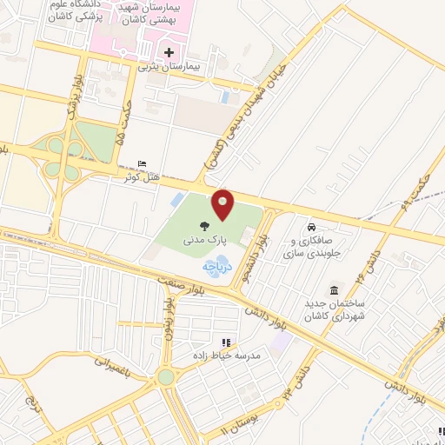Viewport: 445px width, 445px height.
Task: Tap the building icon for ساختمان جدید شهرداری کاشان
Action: point(334,289)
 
